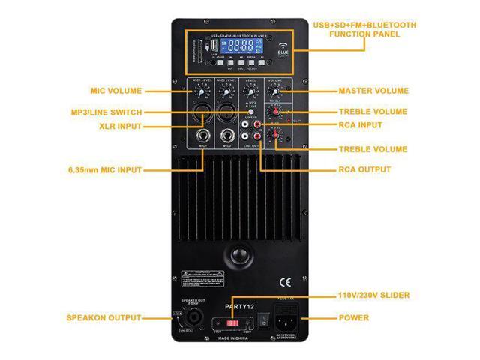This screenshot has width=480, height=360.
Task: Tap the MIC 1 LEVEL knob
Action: [202, 92]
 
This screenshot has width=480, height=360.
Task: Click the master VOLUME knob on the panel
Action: [276, 91]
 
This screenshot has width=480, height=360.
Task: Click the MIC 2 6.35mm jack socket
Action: [226, 137]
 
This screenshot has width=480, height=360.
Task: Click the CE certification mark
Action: [285, 283]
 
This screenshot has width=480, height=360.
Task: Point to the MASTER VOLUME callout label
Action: [373, 91]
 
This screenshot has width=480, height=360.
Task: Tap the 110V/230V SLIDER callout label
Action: [384, 295]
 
